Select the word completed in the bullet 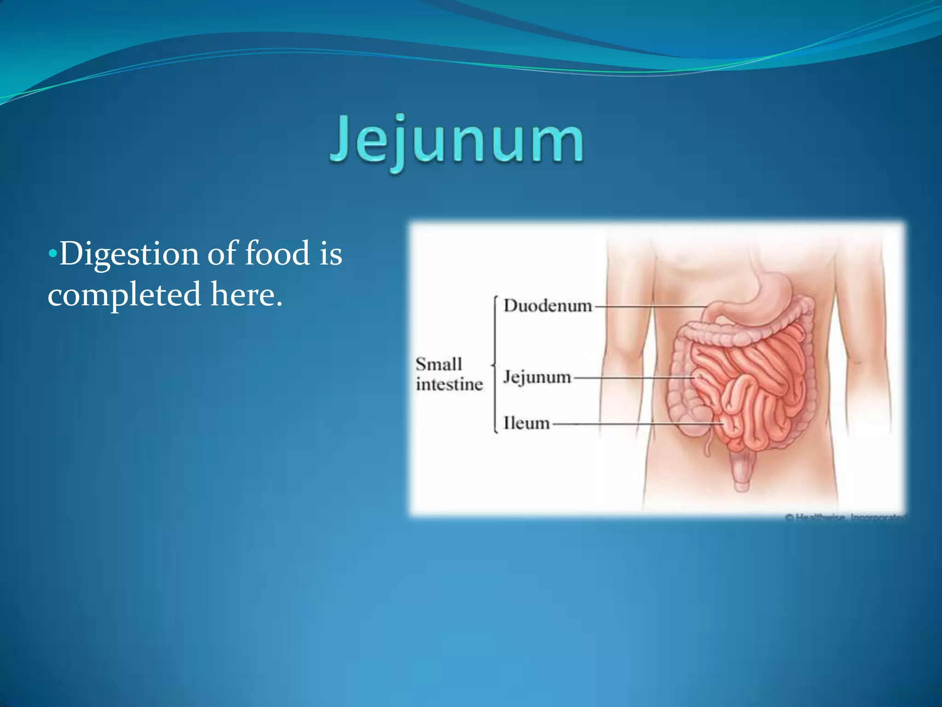coord(124,295)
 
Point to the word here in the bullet coord(246,295)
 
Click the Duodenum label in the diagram coord(547,306)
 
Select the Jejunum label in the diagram coord(537,377)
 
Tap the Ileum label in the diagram coord(526,423)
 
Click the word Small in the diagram coord(438,364)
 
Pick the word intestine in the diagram coord(449,384)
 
